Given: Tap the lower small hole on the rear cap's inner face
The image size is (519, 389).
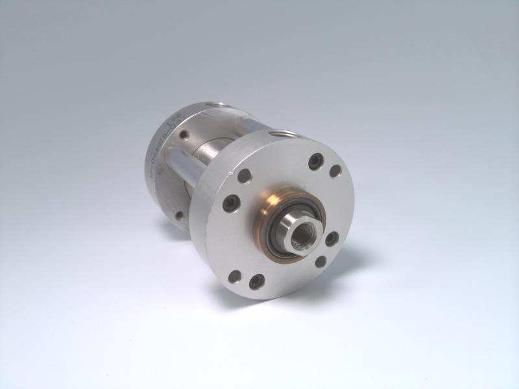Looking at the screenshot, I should [180, 215].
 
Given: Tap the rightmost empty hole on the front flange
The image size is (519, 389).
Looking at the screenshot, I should [335, 171].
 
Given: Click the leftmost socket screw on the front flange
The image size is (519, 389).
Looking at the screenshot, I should [230, 202].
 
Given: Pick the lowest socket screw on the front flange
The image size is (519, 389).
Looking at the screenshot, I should [256, 281].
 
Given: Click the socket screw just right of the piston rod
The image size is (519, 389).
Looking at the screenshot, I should [331, 238].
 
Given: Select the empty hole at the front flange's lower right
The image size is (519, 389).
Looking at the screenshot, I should [320, 261].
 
